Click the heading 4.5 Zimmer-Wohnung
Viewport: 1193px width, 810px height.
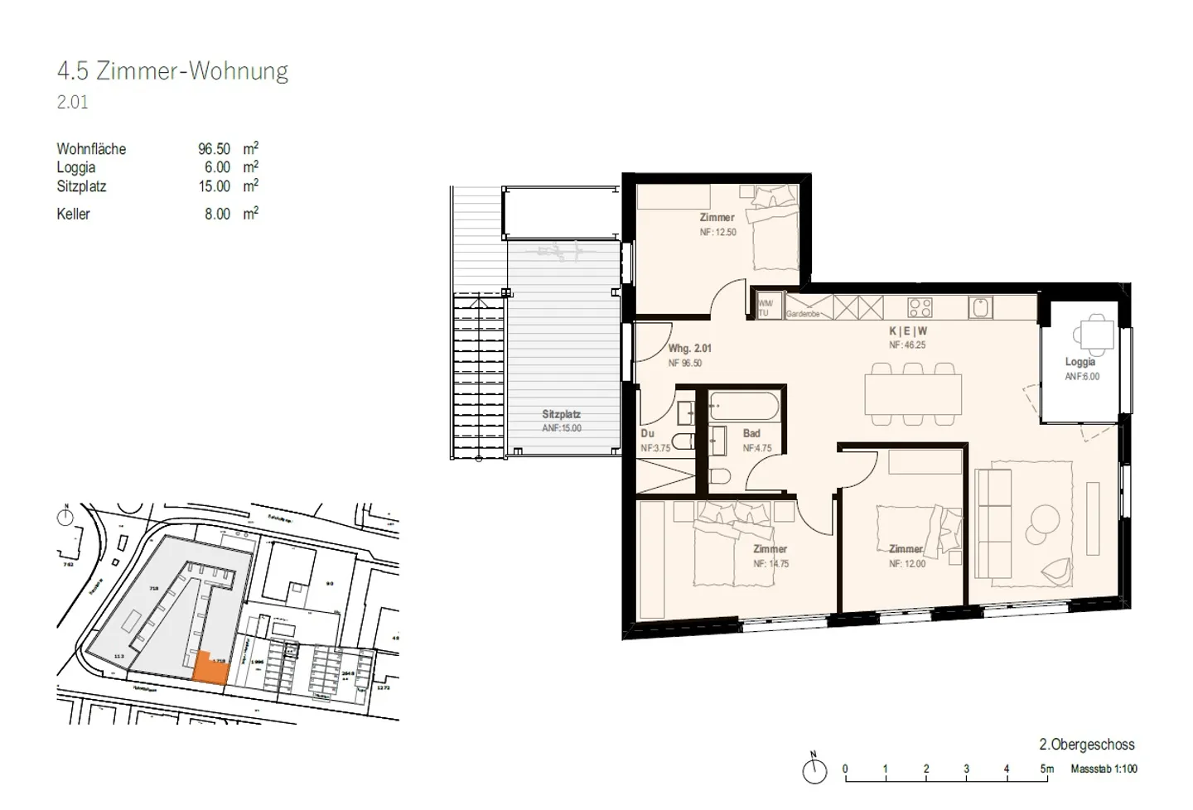172,71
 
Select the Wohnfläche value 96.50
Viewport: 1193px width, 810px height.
214,149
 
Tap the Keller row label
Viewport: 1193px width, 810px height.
73,214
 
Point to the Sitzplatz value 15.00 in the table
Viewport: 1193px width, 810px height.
214,186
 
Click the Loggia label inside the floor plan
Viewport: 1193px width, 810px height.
1080,362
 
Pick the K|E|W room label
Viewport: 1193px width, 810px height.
907,330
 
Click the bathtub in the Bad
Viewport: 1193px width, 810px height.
744,407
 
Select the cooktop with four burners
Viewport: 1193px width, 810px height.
920,308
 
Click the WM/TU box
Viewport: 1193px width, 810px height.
764,308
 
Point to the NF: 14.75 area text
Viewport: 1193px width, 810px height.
770,564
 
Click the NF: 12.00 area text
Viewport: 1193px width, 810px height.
907,564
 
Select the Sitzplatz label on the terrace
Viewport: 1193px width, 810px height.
561,414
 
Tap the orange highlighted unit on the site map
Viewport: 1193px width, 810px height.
210,668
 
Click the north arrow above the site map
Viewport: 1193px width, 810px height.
65,517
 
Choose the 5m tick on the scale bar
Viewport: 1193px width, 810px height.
1047,769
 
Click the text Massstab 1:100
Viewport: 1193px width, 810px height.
1104,769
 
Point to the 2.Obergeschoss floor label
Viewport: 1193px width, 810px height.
1086,745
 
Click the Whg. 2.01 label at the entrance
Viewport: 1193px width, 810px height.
689,349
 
